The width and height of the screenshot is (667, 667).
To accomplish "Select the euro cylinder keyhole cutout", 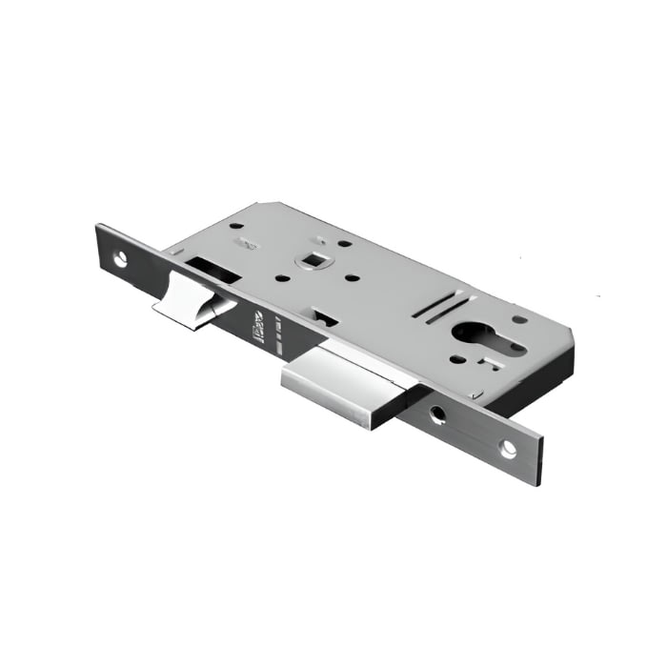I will coord(474,339).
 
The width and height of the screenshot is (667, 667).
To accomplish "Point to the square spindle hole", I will coord(311,258).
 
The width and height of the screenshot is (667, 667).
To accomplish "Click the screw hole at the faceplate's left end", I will coord(121,257).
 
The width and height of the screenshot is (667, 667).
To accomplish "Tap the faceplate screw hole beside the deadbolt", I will coord(437,414).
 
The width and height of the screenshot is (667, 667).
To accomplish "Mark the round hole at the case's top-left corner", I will coord(235,227).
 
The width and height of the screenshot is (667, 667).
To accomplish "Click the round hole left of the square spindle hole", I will coord(283,279).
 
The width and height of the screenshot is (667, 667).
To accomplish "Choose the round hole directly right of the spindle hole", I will coord(352,278).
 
